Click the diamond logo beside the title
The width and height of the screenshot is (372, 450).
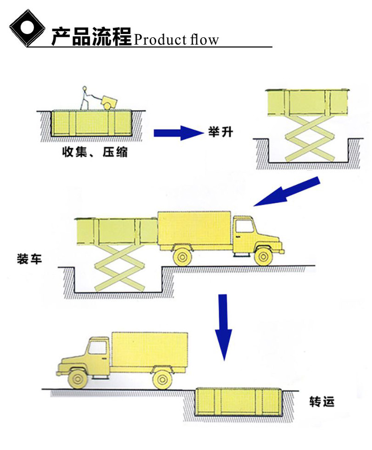27,29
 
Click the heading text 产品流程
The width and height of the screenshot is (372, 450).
91,37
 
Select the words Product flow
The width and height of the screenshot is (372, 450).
176,40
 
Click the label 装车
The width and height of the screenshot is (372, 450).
29,258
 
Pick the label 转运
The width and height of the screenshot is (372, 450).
321,402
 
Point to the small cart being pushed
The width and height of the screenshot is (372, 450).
110,101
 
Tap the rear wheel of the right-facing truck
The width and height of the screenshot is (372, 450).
182,255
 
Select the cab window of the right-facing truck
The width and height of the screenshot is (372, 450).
243,225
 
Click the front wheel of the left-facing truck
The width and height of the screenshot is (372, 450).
78,379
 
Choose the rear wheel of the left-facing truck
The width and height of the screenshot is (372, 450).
161,379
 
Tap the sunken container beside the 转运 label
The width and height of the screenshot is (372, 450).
237,403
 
